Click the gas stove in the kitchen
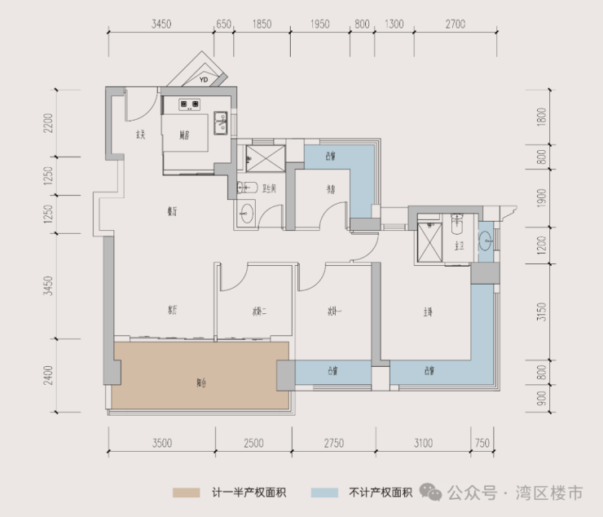point(191,104)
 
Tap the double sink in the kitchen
point(221,122)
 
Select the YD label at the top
point(204,79)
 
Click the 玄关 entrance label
point(140,135)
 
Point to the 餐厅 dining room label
point(172,211)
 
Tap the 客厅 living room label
point(172,310)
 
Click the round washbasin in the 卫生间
point(248,215)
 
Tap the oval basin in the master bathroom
point(486,241)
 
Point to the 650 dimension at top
point(222,24)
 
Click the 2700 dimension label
point(455,24)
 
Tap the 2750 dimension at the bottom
point(333,444)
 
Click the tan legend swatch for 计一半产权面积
point(186,493)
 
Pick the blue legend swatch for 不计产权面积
point(324,493)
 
